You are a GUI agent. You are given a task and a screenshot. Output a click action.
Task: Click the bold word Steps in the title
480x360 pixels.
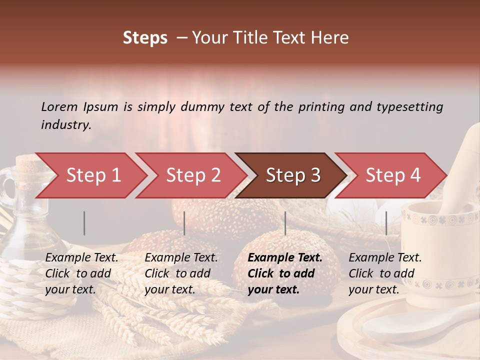145,38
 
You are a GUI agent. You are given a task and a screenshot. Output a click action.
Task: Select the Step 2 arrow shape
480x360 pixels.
193,175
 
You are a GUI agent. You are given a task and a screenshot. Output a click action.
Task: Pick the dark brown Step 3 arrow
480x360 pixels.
292,175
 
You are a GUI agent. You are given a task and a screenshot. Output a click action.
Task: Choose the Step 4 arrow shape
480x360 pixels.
392,175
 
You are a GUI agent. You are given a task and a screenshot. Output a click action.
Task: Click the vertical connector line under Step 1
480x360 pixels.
84,223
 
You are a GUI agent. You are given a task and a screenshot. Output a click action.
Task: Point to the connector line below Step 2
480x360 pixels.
184,223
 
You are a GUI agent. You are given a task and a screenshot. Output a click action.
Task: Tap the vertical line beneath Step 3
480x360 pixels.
285,223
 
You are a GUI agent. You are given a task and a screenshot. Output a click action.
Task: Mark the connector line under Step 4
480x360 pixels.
386,223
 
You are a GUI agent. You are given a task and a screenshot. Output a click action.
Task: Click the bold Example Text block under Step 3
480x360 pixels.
285,273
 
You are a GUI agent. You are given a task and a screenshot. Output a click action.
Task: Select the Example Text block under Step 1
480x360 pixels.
81,273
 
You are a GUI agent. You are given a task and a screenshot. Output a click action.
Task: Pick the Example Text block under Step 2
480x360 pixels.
181,273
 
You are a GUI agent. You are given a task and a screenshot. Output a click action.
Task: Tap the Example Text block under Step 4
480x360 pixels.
385,273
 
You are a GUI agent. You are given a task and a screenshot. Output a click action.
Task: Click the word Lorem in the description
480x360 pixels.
59,106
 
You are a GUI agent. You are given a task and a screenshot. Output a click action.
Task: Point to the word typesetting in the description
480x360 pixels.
409,107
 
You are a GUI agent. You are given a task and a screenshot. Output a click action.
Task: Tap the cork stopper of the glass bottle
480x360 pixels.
27,163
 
